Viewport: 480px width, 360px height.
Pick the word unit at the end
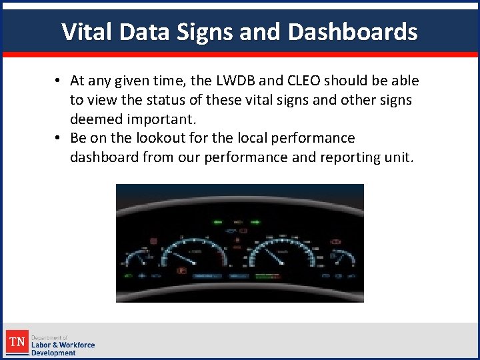point(397,157)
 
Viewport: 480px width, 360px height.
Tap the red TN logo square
point(17,343)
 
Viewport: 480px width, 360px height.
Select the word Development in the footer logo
point(53,353)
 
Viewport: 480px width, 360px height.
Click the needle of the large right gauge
point(273,255)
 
